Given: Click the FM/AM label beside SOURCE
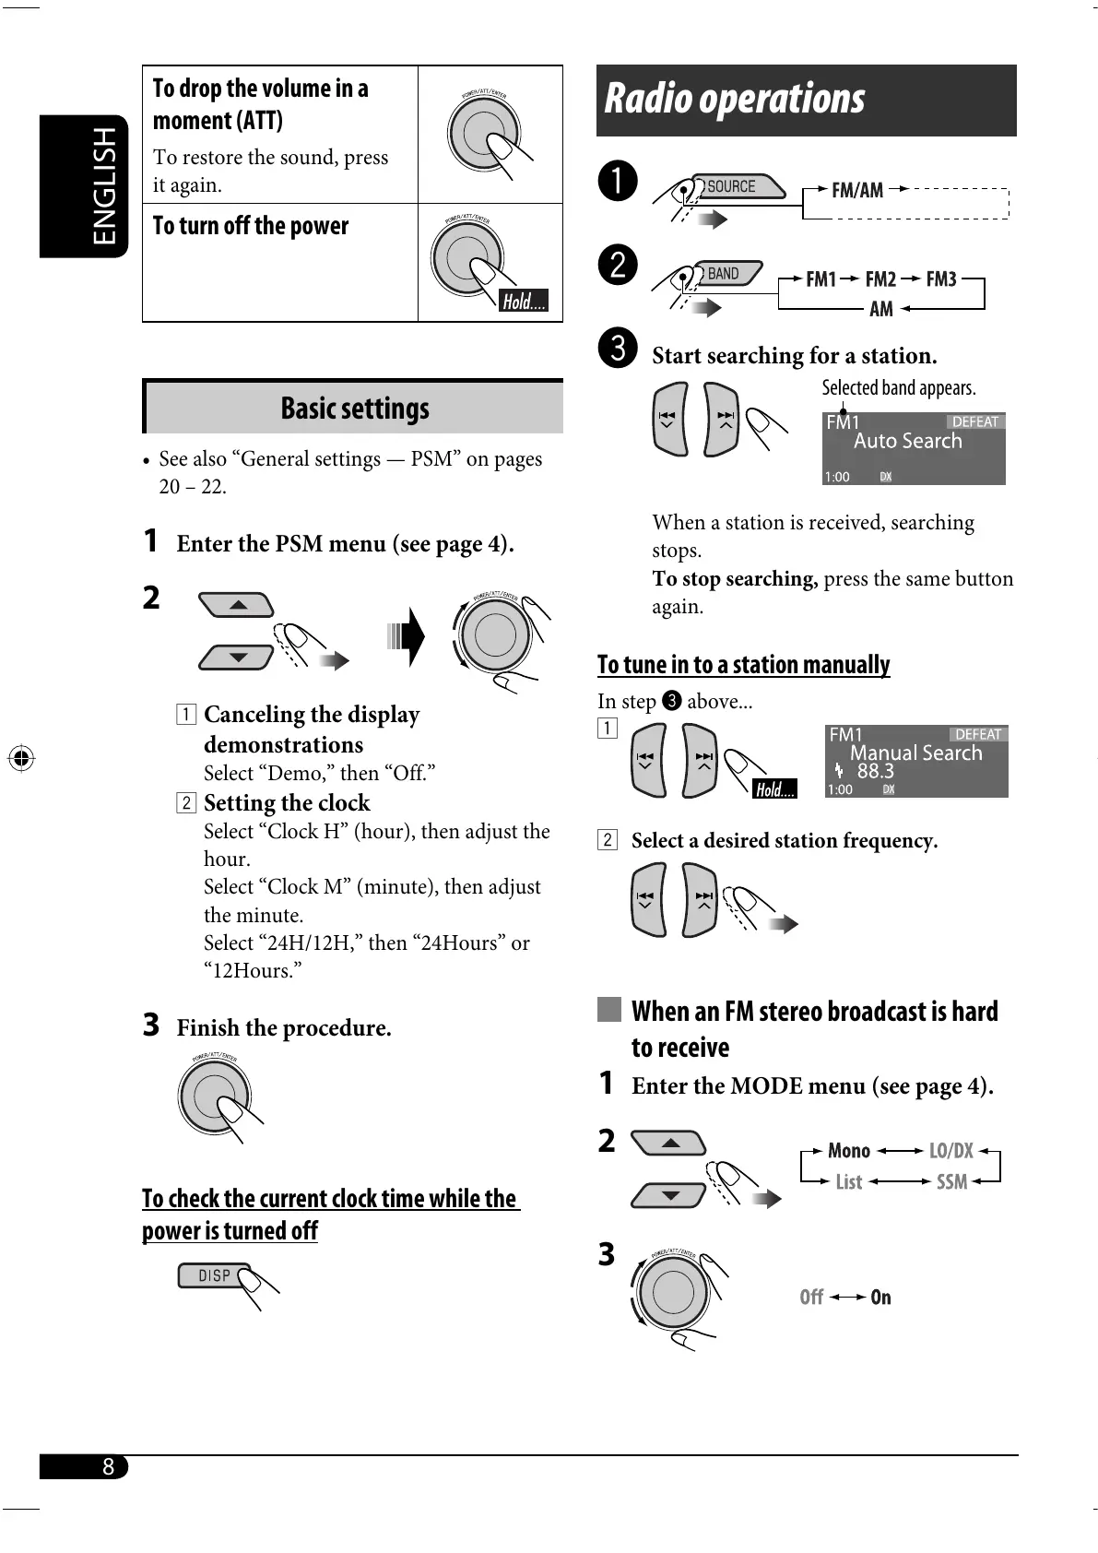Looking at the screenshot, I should click(856, 190).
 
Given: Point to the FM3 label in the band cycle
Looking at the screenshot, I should click(941, 279).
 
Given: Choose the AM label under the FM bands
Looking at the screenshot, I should click(881, 309).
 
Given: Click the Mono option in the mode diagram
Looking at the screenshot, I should click(848, 1150).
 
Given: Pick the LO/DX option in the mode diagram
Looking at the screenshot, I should click(950, 1150).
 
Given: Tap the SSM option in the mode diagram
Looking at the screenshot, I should click(951, 1181).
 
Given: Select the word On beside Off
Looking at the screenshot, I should click(880, 1297).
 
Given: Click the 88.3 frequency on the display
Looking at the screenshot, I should click(875, 771).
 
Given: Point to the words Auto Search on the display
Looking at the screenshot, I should click(907, 441).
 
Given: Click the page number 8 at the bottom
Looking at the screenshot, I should click(108, 1466).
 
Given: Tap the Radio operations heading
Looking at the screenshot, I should click(735, 99).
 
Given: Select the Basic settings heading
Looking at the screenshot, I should click(355, 408).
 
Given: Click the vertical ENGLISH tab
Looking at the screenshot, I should click(104, 185).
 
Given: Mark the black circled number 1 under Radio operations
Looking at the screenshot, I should click(617, 180).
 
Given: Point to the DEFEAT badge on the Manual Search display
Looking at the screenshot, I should click(977, 734).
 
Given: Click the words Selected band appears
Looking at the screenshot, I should click(898, 387).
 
